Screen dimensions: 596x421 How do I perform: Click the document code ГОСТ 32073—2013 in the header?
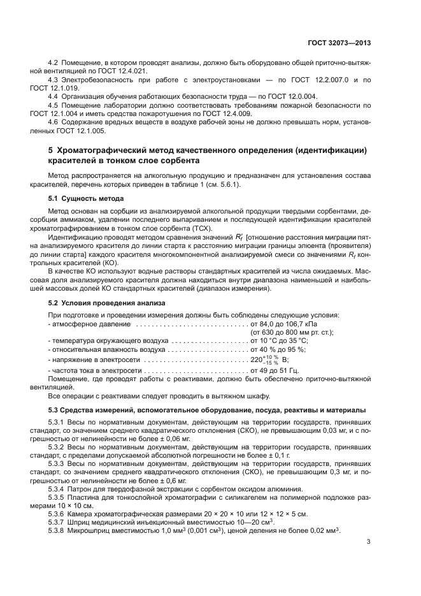pos(341,43)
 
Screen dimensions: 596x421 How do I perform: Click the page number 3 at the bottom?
pos(369,542)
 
